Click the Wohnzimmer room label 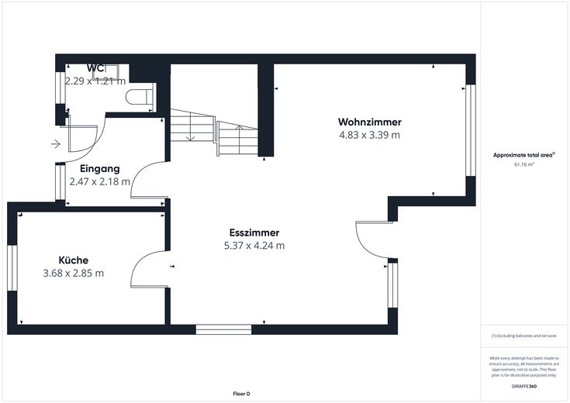[x=370, y=122]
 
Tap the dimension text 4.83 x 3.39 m [x=370, y=135]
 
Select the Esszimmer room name [x=254, y=232]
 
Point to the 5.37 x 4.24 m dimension [x=254, y=246]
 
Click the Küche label [x=74, y=260]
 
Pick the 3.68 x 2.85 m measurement [x=74, y=274]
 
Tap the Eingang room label [x=99, y=169]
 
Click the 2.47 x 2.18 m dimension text [x=99, y=181]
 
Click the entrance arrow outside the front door [x=55, y=144]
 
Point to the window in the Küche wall [x=12, y=268]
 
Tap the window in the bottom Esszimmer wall [x=223, y=329]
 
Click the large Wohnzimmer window [x=471, y=130]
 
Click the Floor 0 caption [x=241, y=394]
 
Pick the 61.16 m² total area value [x=523, y=164]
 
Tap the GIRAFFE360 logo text [x=523, y=386]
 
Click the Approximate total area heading [x=523, y=155]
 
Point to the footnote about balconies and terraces [x=523, y=336]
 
